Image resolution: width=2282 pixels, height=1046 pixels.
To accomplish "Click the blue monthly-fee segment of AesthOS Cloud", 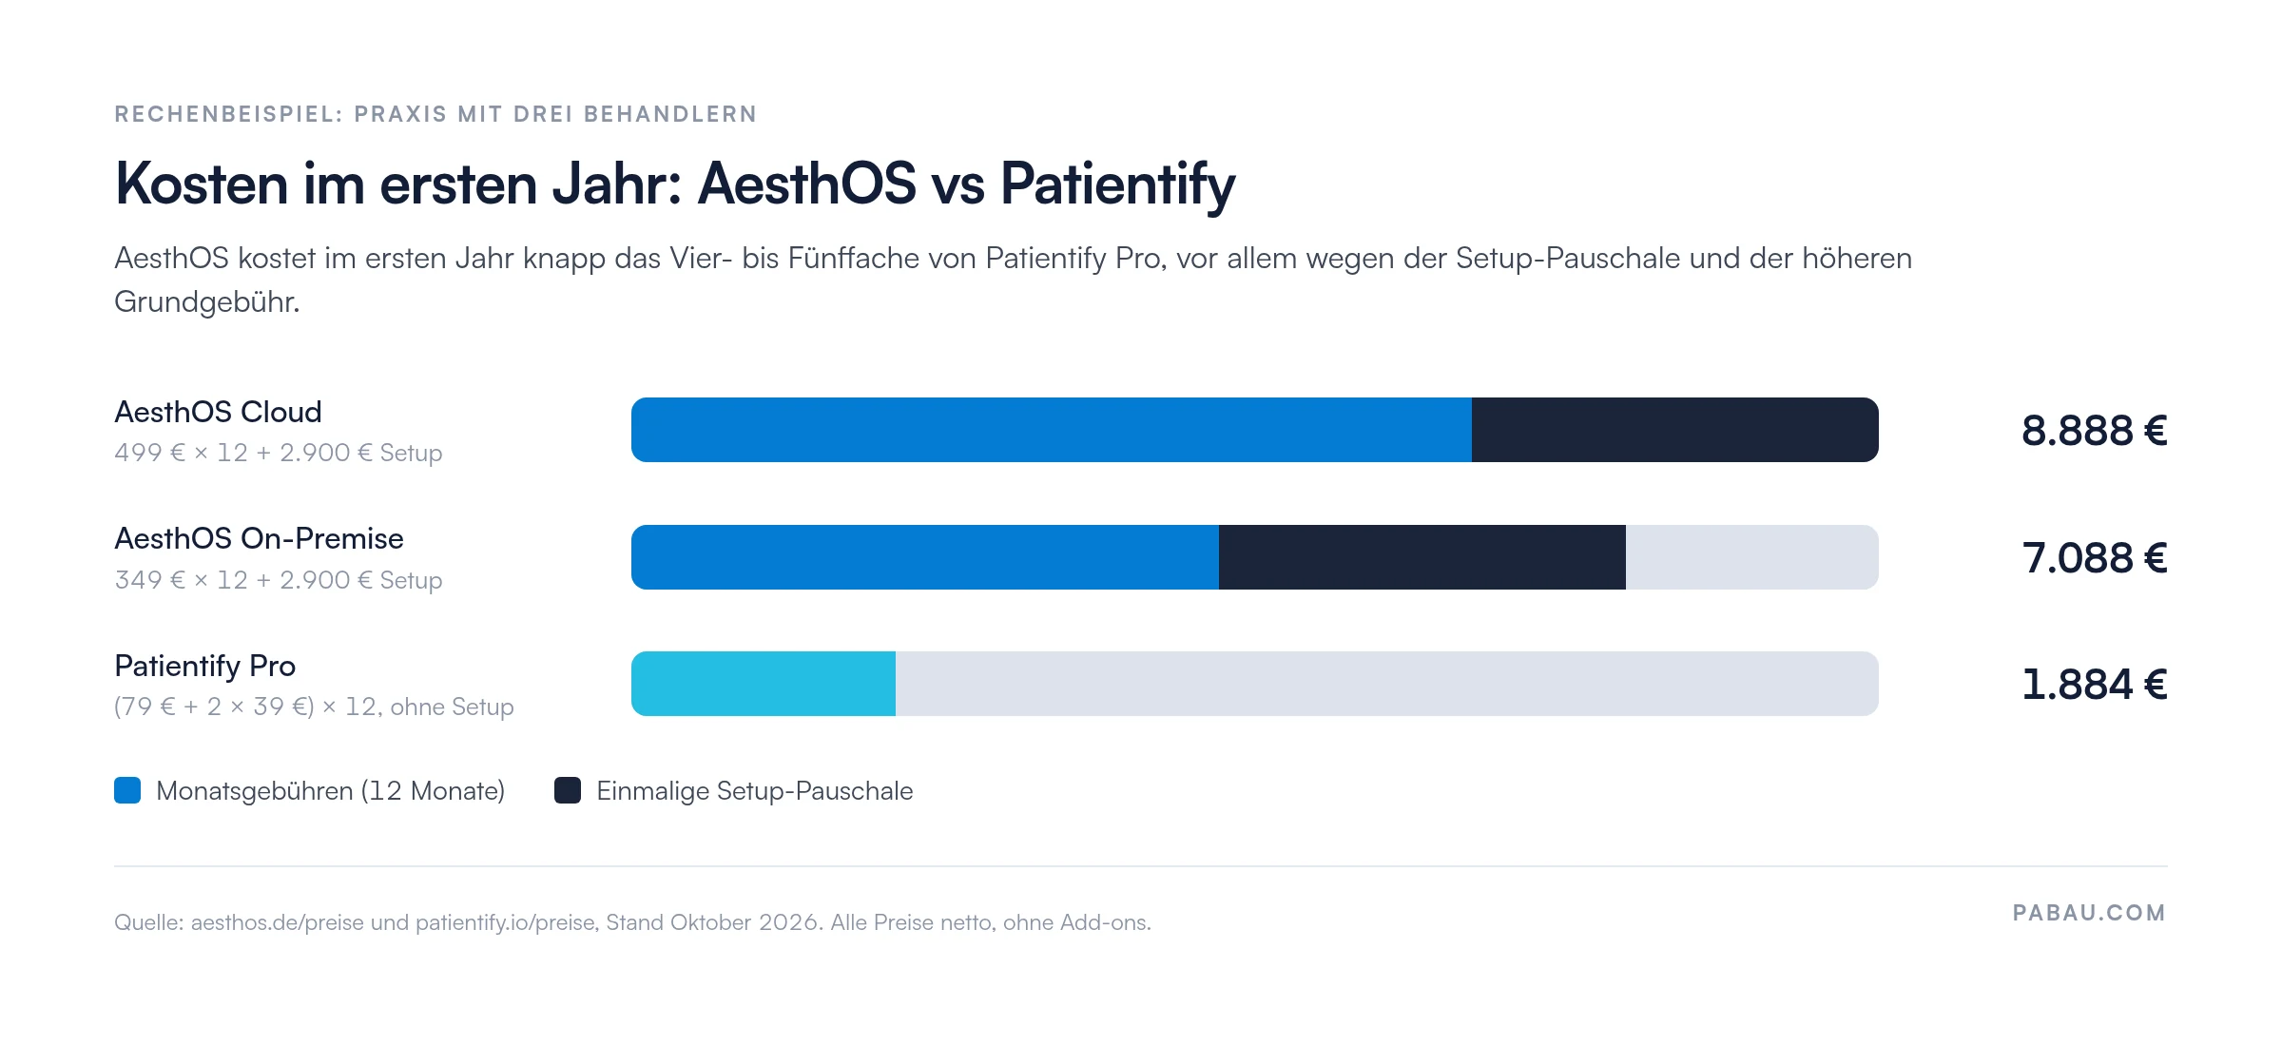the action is pos(1052,430).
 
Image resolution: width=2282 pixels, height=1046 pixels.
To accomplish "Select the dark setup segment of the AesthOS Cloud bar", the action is pos(1675,430).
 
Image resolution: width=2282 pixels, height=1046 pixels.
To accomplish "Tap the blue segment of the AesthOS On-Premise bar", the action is pos(925,557).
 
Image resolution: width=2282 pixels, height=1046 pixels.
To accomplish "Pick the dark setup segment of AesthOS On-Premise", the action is pos(1422,557).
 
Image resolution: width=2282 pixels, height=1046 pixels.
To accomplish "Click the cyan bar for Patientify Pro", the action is pos(764,684).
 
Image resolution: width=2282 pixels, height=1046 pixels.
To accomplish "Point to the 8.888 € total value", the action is pos(2095,431).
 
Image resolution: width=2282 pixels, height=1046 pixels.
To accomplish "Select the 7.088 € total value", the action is pos(2095,558).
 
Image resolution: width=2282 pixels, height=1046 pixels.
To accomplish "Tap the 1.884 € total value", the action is pos(2095,685).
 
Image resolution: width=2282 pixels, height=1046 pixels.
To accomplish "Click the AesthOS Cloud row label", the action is pos(218,412).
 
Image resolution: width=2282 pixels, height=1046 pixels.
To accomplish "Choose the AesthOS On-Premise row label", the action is pos(259,538).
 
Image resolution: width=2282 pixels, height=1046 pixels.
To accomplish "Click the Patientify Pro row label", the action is pos(204,666).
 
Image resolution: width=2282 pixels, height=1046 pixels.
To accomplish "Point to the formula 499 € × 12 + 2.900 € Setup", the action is pos(279,453).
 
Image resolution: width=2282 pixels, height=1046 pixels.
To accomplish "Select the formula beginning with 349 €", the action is pos(279,580).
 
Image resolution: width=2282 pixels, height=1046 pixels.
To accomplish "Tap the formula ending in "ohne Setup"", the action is pos(314,707).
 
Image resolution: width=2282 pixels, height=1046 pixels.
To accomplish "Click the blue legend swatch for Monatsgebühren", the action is pos(127,790).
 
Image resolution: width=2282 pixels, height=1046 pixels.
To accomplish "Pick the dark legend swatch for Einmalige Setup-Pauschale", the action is pos(568,790).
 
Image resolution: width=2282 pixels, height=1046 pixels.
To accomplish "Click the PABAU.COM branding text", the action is pos(2089,913).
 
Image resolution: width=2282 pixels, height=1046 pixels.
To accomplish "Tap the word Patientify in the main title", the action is pos(1118,184).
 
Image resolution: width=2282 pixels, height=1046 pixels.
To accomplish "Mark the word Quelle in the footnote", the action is pos(148,922).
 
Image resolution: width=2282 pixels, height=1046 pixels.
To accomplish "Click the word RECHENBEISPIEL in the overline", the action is pos(228,114).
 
